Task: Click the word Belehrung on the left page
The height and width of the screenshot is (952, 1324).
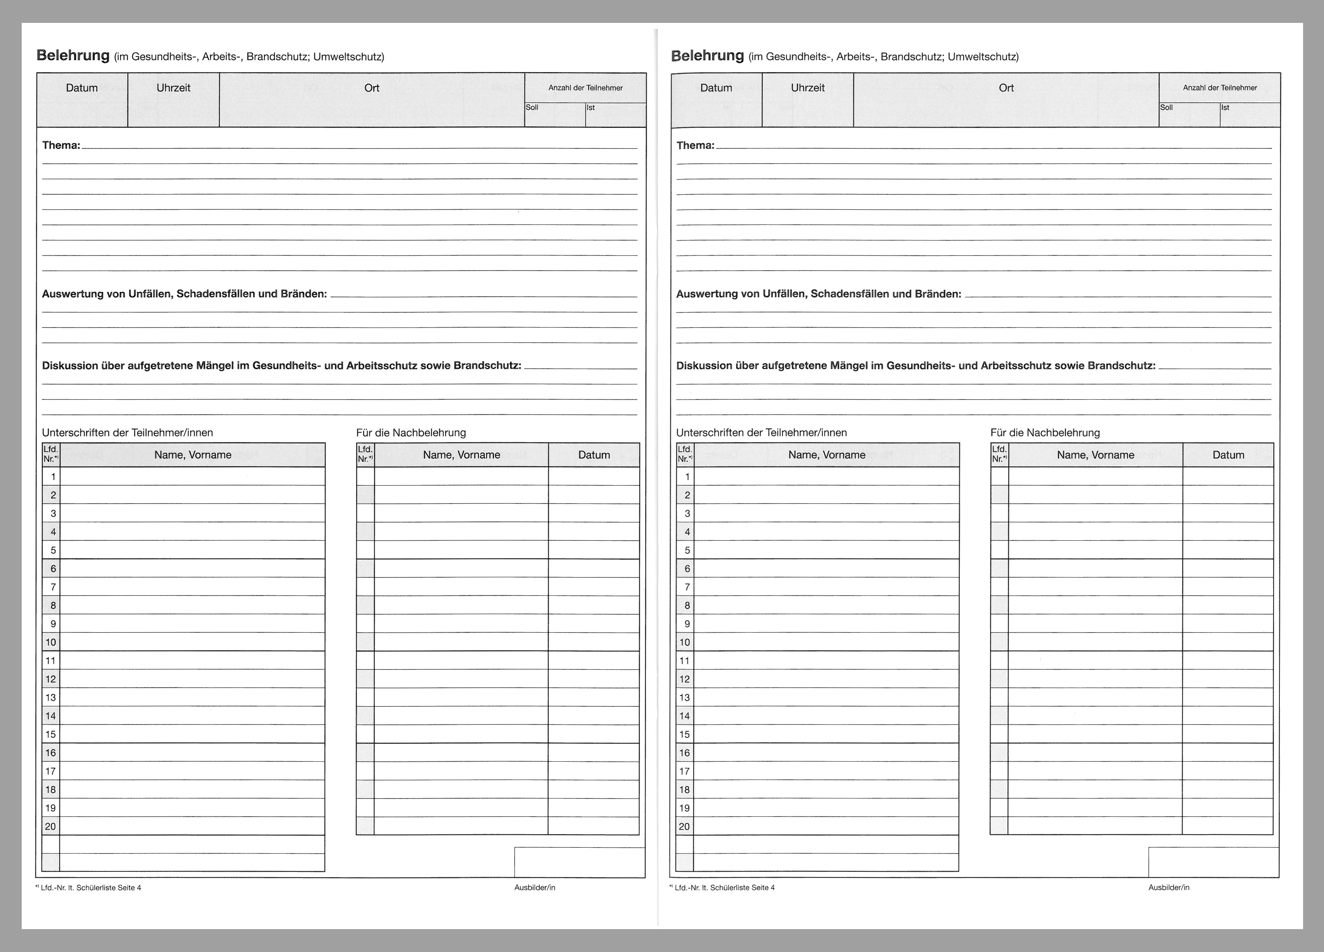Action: click(73, 55)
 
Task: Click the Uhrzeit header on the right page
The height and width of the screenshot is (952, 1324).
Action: click(807, 88)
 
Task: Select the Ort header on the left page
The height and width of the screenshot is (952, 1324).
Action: click(372, 88)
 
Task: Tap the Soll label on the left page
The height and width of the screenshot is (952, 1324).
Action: click(532, 107)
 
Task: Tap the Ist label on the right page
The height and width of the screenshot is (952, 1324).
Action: click(1225, 107)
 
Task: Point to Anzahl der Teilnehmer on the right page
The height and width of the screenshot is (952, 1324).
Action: click(1219, 88)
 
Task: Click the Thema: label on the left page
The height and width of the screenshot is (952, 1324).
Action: click(61, 145)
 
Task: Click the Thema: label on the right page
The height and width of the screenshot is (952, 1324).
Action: click(695, 145)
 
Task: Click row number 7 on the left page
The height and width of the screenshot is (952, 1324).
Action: click(53, 587)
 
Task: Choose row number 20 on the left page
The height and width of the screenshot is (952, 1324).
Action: click(51, 826)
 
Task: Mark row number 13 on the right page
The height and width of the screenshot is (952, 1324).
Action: click(685, 697)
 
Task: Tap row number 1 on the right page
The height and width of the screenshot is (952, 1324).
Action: click(687, 477)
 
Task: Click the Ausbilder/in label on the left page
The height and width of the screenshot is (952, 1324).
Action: click(535, 888)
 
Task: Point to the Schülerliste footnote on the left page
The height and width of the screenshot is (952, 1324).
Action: click(91, 888)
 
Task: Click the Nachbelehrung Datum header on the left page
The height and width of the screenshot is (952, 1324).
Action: click(594, 455)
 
